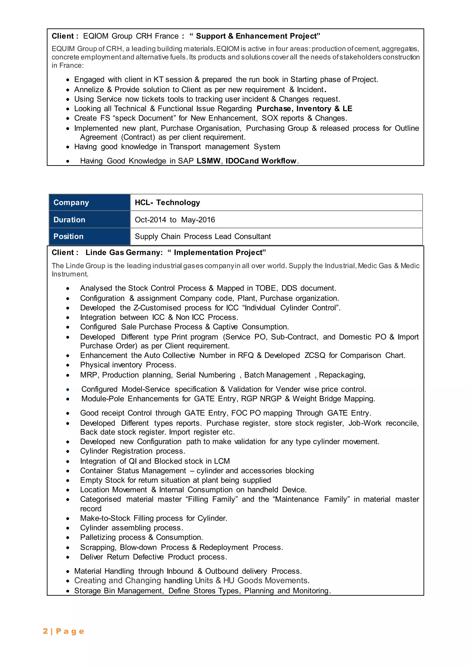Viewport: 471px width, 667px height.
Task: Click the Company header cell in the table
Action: click(x=89, y=202)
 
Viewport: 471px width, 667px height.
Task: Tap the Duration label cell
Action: click(x=89, y=220)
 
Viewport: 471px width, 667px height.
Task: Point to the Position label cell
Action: click(x=89, y=237)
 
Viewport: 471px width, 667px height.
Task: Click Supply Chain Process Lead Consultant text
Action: click(x=202, y=237)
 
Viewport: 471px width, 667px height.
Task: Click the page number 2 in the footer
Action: click(x=45, y=631)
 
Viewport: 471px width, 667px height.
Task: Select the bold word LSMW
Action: click(x=208, y=161)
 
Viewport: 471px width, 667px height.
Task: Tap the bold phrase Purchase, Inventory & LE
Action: click(x=304, y=109)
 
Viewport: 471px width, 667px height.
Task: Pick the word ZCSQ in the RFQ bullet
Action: click(x=315, y=355)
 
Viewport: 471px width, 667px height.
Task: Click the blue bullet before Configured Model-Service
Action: click(x=68, y=389)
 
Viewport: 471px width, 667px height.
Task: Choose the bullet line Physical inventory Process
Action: click(x=128, y=365)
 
